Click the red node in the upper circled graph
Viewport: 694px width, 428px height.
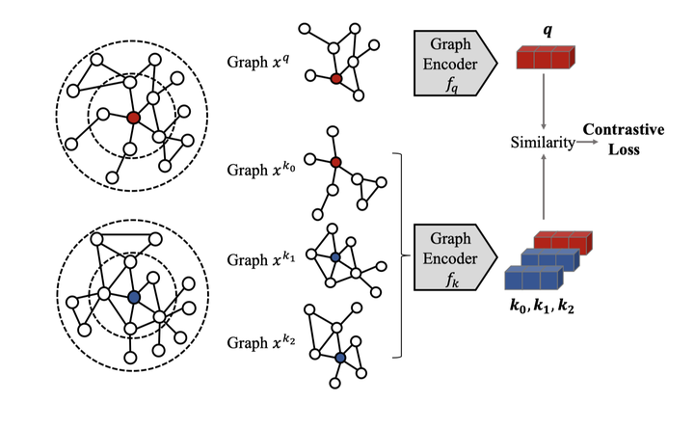pos(133,117)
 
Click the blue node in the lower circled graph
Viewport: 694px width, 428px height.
pos(133,296)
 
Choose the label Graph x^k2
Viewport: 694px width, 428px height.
pos(259,342)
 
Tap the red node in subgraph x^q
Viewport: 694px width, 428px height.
pos(335,79)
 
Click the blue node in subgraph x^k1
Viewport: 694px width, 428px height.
pos(334,257)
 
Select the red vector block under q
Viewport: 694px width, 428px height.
pos(547,60)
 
